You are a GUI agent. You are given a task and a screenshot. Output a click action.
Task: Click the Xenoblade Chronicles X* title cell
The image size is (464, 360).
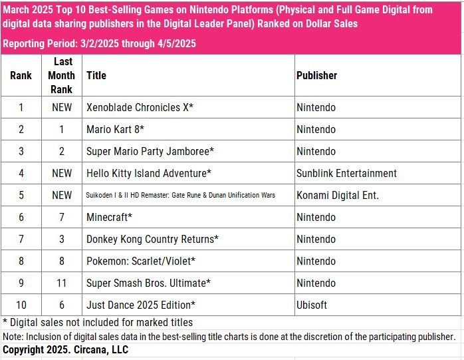(x=140, y=107)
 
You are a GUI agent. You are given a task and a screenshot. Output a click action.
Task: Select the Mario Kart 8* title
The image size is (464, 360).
(x=116, y=129)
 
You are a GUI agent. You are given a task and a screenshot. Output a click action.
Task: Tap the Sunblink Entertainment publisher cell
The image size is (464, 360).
(x=346, y=173)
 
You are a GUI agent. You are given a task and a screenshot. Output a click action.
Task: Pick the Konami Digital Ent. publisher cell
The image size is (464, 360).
(x=338, y=195)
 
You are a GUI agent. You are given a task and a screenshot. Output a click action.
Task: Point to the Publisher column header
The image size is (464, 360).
(x=316, y=75)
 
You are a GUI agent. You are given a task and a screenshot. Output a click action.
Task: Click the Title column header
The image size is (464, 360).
(x=96, y=75)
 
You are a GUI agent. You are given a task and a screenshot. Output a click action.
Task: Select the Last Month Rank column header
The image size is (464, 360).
(x=61, y=75)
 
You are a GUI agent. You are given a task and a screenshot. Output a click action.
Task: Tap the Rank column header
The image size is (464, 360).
(x=21, y=75)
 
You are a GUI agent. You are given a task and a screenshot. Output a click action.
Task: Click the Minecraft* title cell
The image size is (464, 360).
(x=109, y=217)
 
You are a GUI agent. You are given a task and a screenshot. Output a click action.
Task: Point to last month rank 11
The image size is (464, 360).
(x=61, y=283)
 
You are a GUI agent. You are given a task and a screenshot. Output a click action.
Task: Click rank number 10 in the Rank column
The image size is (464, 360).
(x=21, y=304)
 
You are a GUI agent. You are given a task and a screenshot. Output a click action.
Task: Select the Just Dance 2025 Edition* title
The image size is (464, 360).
(x=141, y=304)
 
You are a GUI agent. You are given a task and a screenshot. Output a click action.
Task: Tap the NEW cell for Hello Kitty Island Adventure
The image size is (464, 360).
(x=61, y=173)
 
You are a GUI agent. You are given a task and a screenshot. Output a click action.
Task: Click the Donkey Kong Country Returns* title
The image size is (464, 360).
(x=152, y=239)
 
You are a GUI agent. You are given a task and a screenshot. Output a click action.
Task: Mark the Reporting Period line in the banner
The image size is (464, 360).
(x=99, y=43)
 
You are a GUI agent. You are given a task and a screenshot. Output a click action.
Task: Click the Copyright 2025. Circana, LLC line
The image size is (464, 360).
(x=66, y=349)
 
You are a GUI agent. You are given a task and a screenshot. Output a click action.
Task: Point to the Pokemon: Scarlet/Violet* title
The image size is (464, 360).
(x=140, y=261)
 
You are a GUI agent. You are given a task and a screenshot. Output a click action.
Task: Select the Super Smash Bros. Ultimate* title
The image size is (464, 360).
(x=148, y=283)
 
